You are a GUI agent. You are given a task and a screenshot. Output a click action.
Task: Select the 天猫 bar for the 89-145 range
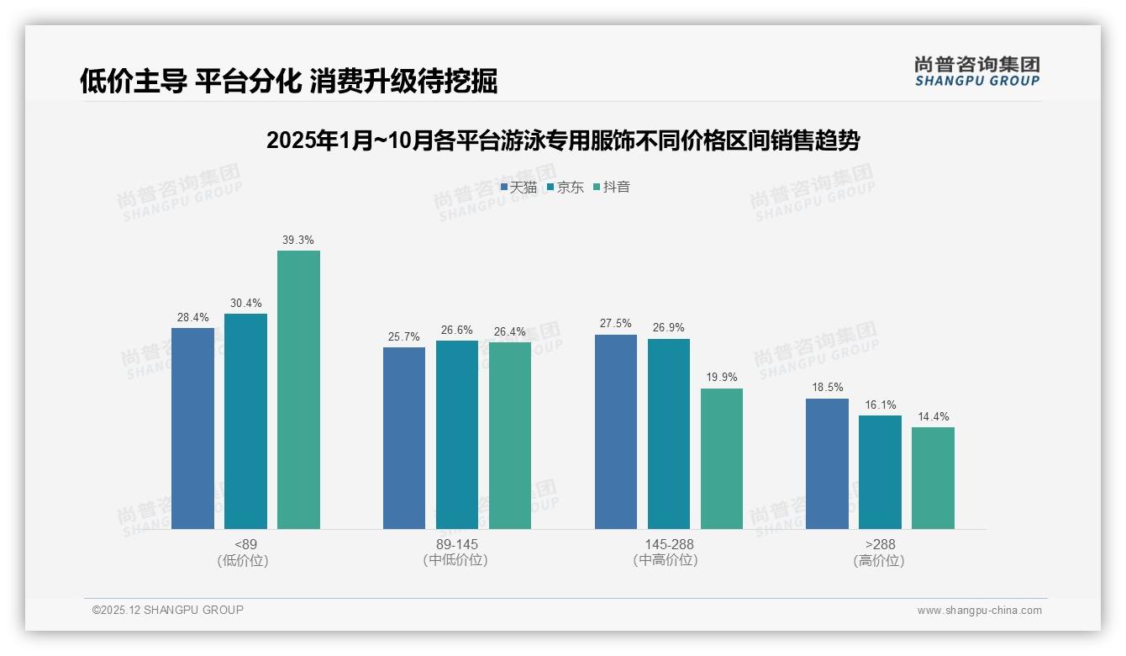click(404, 437)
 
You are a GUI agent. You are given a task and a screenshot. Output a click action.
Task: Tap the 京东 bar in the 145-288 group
click(669, 433)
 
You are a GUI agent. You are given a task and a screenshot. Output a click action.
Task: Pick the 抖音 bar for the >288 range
click(933, 478)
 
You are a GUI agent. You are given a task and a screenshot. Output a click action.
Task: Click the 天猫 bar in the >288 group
click(827, 463)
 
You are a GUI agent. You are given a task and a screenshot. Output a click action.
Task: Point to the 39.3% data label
click(298, 241)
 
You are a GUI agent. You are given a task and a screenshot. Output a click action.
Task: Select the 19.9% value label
click(722, 378)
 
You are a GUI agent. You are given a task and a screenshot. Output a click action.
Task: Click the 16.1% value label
click(880, 405)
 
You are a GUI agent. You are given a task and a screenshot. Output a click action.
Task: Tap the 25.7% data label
click(404, 337)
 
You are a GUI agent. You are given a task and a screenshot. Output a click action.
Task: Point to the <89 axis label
click(245, 544)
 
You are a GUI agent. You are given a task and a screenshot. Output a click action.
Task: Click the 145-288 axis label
click(669, 544)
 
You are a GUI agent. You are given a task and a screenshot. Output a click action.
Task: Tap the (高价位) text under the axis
click(880, 560)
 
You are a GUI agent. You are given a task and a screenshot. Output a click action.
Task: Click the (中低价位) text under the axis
click(456, 560)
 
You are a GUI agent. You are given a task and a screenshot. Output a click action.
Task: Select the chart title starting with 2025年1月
click(562, 140)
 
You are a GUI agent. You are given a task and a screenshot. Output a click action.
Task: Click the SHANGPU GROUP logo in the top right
click(977, 71)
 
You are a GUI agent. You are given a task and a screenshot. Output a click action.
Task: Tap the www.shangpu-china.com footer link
click(979, 611)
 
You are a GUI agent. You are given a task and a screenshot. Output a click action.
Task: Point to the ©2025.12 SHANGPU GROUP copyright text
click(168, 610)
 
